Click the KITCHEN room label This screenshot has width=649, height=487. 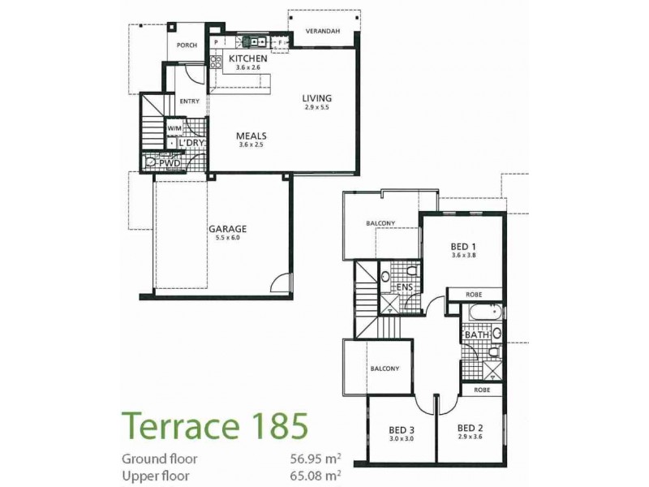pos(247,59)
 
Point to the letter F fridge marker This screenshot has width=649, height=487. pos(281,42)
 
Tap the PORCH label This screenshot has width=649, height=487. pos(187,45)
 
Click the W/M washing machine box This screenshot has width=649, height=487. pos(174,128)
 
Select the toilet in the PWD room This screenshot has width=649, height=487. pos(152,163)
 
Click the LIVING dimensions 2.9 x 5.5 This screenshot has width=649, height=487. pos(317,108)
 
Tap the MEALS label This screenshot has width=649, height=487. pos(251,136)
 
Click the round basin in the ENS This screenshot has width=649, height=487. pos(412,272)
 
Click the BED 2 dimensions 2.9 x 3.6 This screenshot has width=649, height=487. pos(471,437)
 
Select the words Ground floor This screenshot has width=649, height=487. pos(159,459)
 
